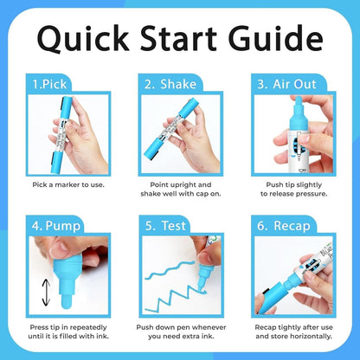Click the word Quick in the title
pos(83,39)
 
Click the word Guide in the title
pos(275,38)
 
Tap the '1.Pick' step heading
pos(49,84)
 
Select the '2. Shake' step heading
pos(170,84)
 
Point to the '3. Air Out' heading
pos(286,84)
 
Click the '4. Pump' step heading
pos(56,226)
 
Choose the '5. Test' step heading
pos(165,226)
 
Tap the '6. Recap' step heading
pos(284,226)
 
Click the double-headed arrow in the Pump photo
pos(46,292)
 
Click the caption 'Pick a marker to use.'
pos(68,184)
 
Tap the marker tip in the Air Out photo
pos(298,101)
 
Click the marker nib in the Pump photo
pos(67,300)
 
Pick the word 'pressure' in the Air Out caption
pos(313,194)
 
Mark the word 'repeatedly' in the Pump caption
pos(88,328)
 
